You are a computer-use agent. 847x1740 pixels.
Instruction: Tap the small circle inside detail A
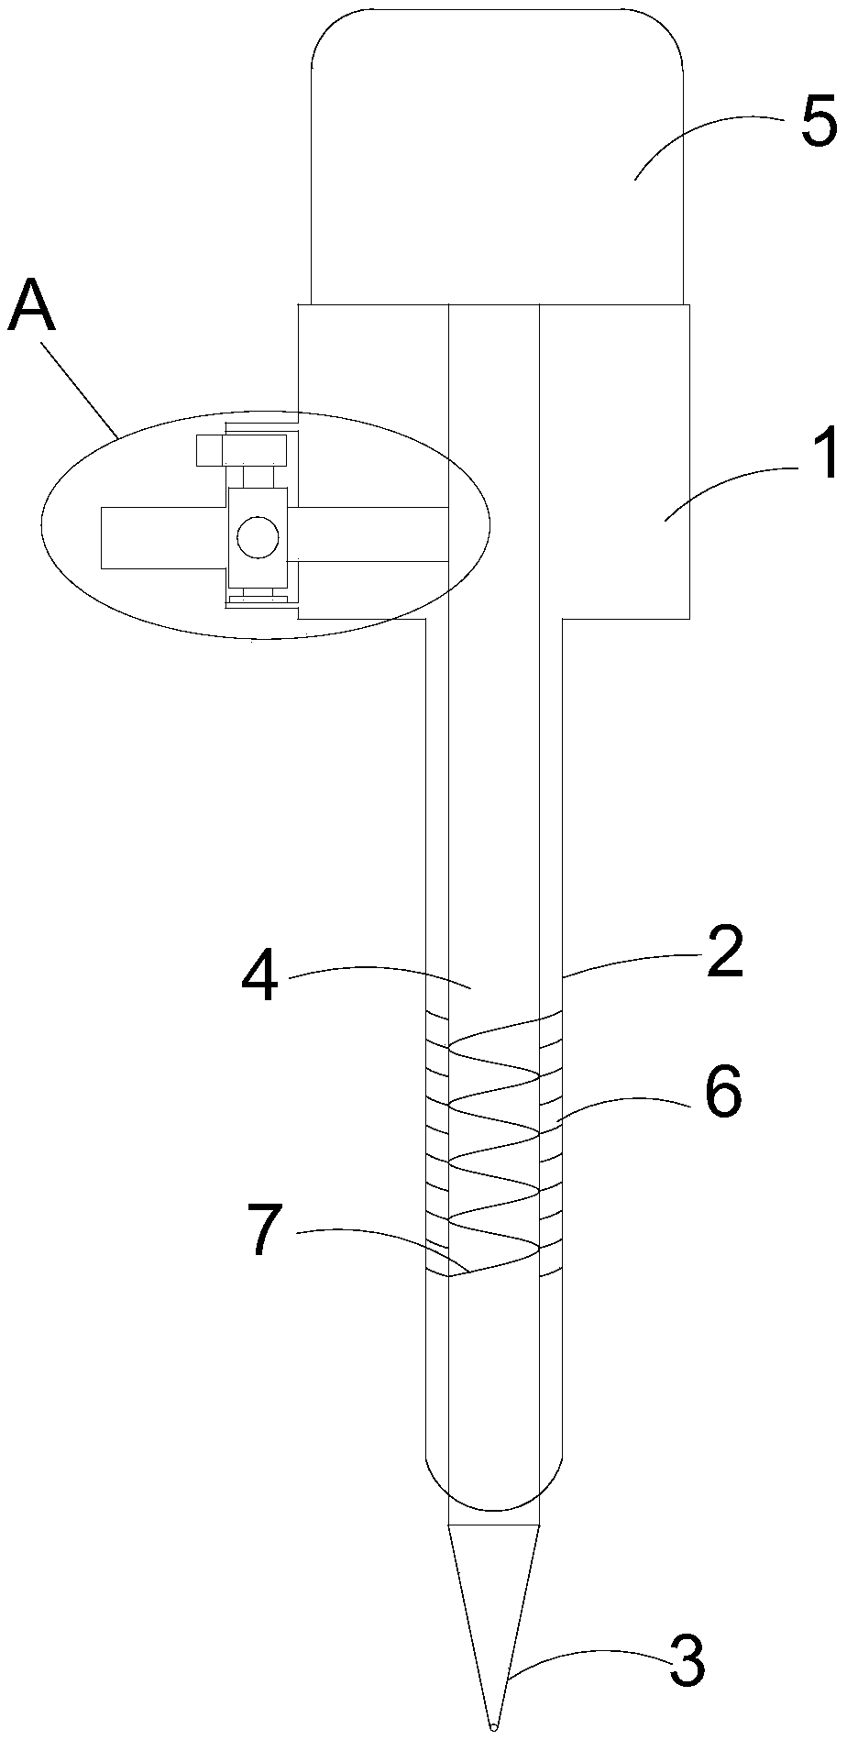coord(256,537)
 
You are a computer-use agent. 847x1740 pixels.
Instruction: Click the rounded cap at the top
coord(497,156)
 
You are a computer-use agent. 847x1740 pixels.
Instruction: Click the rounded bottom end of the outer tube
coord(494,1485)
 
